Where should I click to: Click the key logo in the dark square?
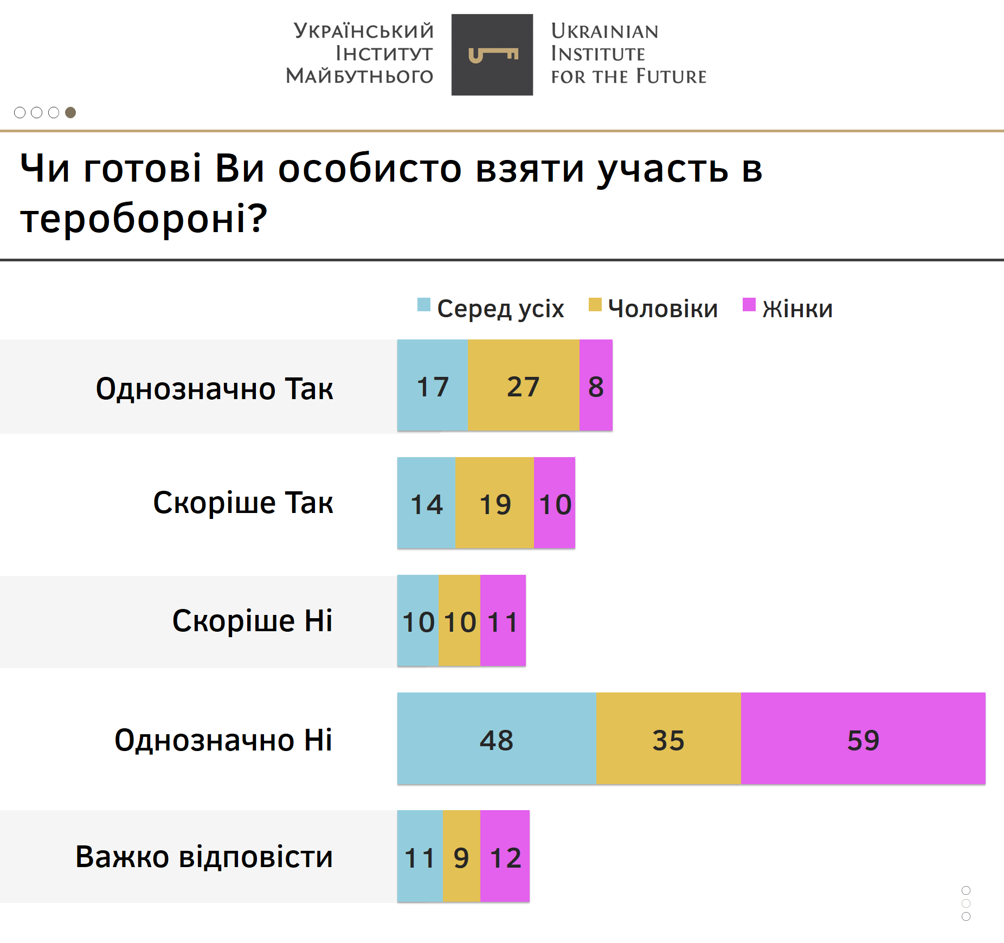[492, 55]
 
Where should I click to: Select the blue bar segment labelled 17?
[433, 385]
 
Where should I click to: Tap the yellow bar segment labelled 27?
[524, 385]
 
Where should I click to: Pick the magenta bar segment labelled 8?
[596, 385]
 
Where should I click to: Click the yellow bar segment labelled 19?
[494, 503]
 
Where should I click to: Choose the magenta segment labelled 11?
[503, 620]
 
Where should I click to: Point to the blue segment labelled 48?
[497, 738]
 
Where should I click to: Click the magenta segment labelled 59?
[863, 738]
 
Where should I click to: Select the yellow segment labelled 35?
[668, 738]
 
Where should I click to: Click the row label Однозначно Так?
[214, 388]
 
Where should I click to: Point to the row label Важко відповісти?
[204, 857]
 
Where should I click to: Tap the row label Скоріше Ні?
[252, 620]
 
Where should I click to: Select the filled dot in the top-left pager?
[70, 112]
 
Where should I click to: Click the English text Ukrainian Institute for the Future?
[628, 54]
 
